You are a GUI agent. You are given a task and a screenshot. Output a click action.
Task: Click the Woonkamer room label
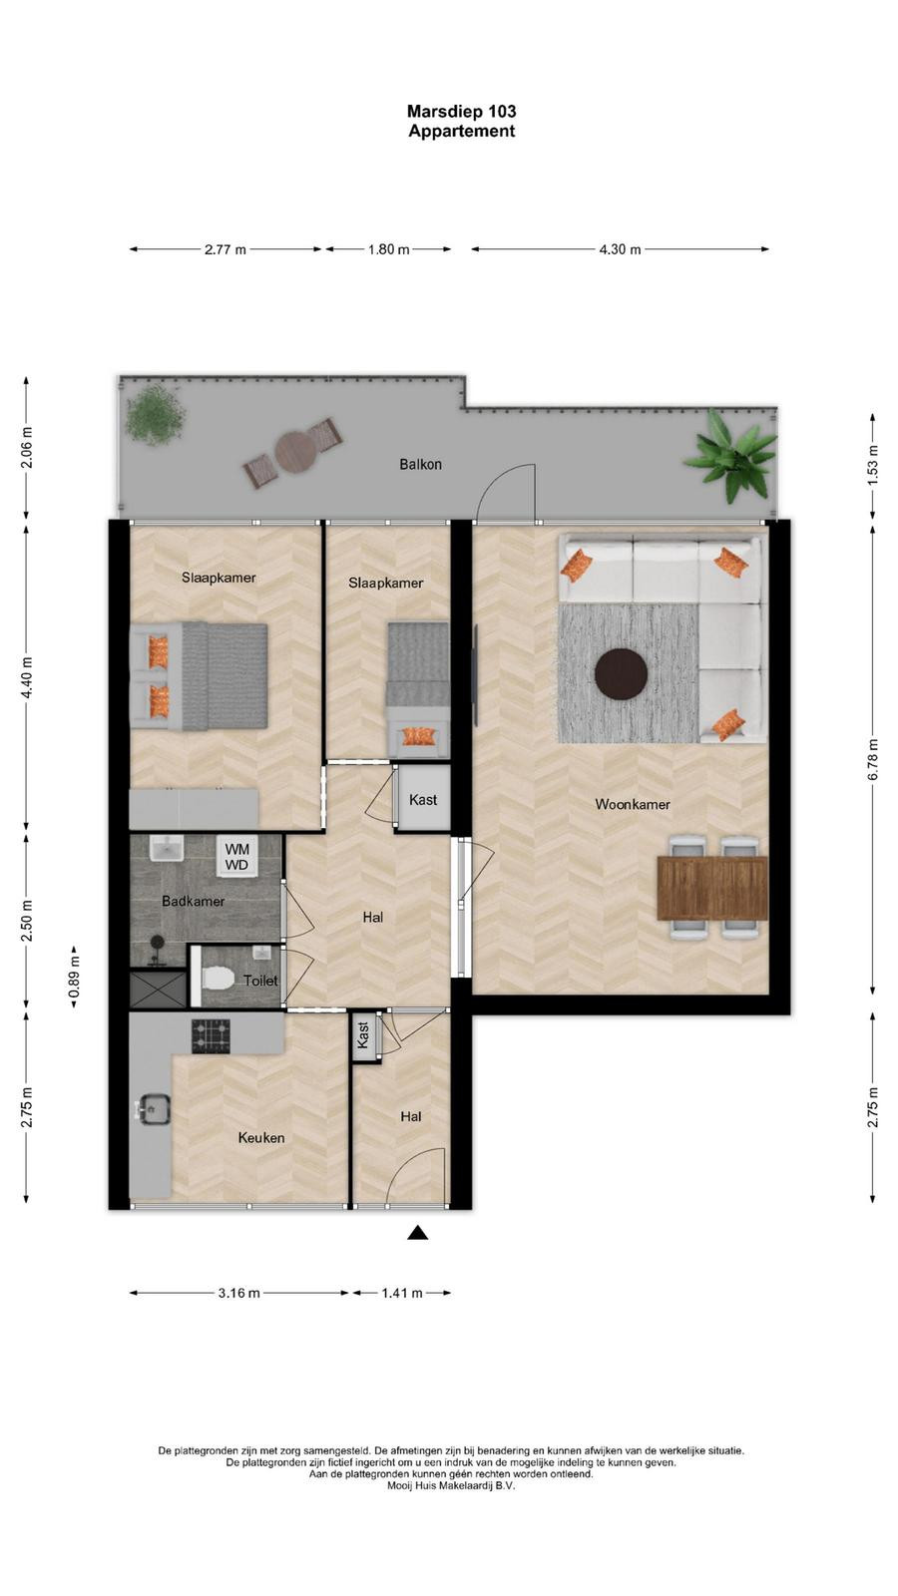point(633,804)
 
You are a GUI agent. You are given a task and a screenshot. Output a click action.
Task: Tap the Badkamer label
point(194,902)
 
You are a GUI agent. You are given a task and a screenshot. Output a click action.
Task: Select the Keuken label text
point(260,1138)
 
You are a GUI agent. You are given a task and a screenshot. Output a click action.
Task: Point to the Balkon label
point(420,465)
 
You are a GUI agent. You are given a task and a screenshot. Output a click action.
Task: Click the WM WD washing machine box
point(236,857)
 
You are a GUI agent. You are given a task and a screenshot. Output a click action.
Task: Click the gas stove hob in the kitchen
point(211,1036)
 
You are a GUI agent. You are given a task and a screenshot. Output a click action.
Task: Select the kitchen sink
point(152,1109)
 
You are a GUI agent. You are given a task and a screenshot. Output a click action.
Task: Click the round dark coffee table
point(622,673)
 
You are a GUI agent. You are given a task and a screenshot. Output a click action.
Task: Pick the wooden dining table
point(712,888)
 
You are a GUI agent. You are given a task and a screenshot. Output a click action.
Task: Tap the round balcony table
point(295,453)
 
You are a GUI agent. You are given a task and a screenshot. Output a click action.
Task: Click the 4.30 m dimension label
point(620,249)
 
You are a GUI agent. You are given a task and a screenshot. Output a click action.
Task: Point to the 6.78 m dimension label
point(873,759)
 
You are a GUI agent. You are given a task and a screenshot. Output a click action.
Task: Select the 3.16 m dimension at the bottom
point(238,1293)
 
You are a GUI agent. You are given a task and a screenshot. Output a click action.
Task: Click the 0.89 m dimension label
point(74,978)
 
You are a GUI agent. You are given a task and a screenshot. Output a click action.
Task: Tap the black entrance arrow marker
point(418,1233)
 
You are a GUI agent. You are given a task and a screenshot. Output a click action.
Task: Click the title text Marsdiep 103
point(462,111)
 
